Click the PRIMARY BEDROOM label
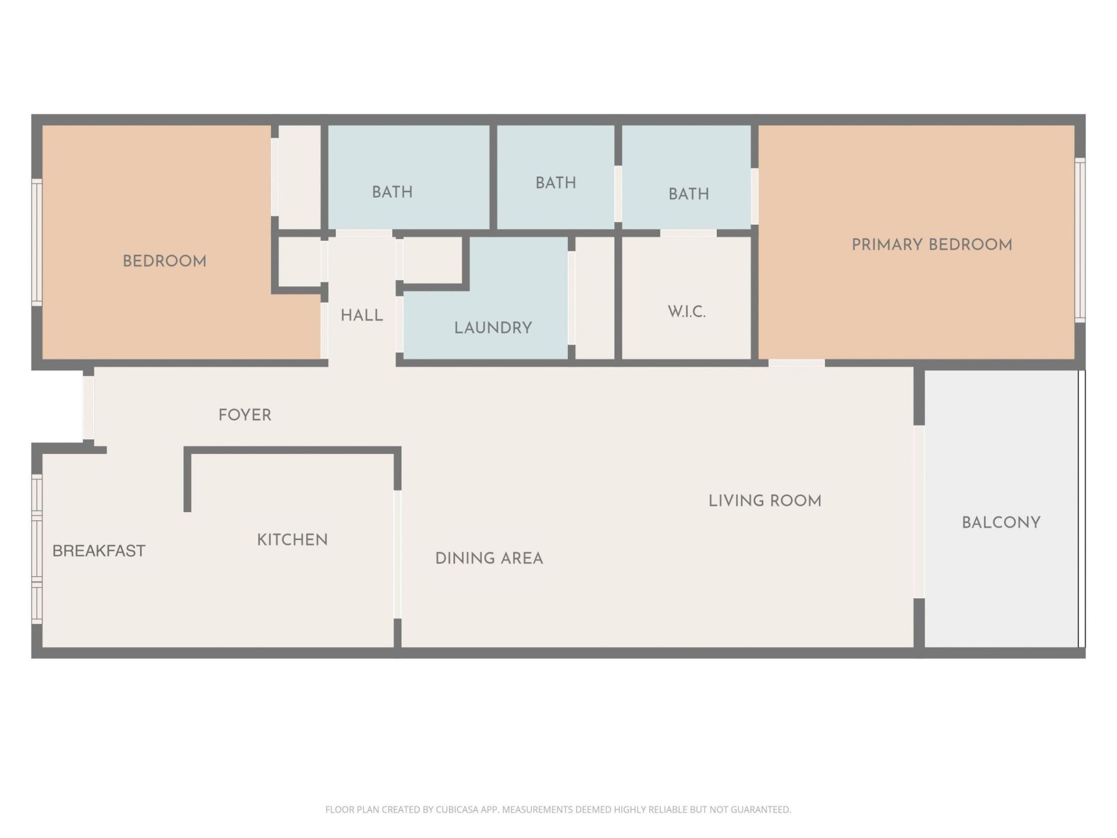coord(931,245)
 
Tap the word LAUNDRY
coord(493,328)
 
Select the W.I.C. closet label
coord(686,312)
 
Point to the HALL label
coord(361,315)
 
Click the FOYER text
coord(244,416)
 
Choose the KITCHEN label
coord(292,540)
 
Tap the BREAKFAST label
coord(98,551)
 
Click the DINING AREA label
coord(489,559)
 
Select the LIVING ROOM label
coord(764,501)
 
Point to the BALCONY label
coord(1001,523)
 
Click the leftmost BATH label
coord(392,192)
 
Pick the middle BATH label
coord(556,183)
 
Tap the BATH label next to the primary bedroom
coord(688,194)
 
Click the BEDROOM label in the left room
coord(164,261)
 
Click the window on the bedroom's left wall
coord(37,242)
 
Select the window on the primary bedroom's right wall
coord(1080,239)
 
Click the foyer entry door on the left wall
coord(88,407)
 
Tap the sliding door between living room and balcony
coord(919,512)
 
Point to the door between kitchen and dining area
coord(397,554)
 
